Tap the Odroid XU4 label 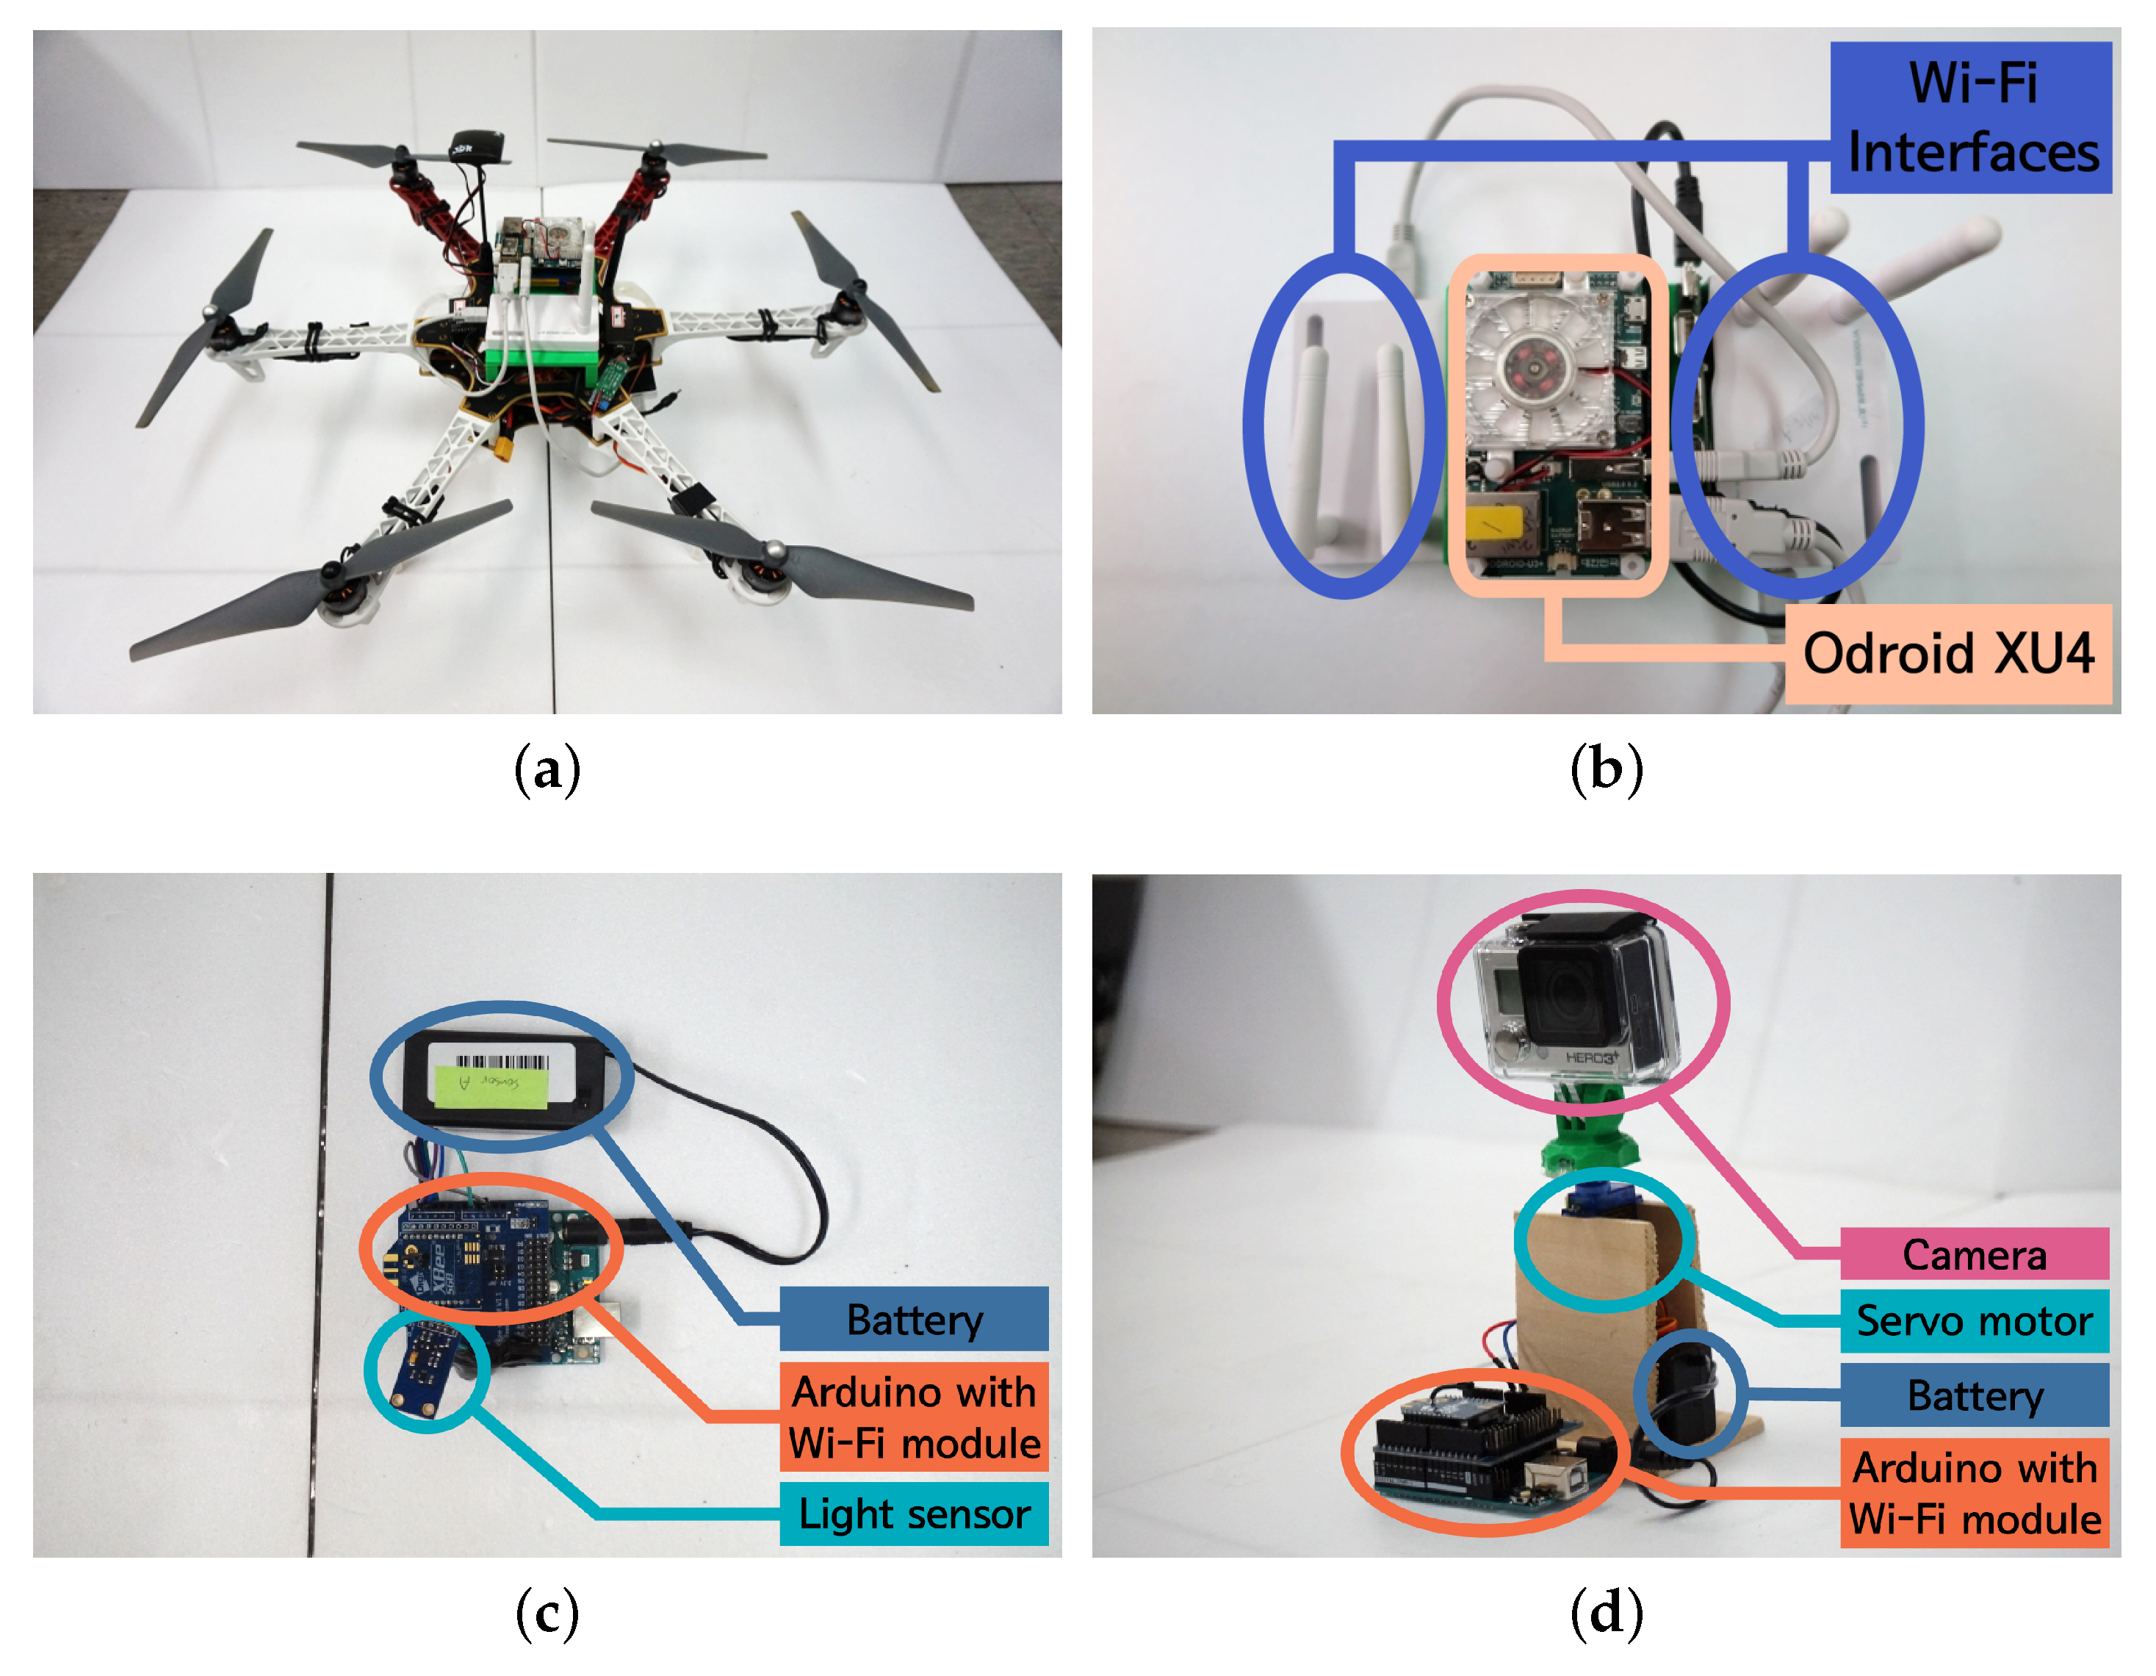point(1947,654)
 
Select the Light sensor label point(914,1513)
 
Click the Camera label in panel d point(1975,1254)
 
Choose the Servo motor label point(1975,1320)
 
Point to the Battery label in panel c point(914,1320)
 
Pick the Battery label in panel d point(1975,1395)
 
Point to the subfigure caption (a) point(547,770)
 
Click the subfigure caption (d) point(1606,1614)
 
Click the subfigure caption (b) point(1606,770)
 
